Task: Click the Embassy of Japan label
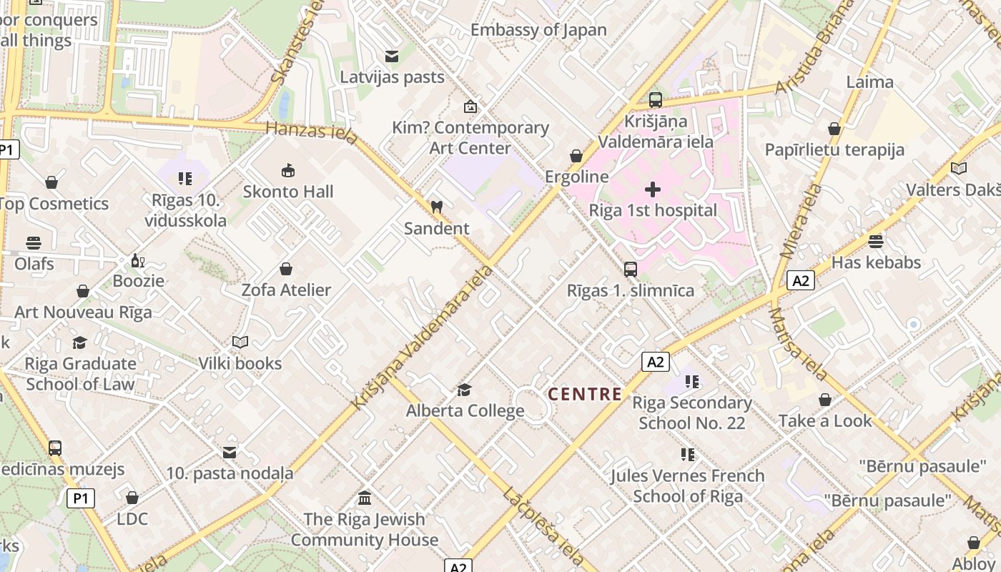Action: (538, 30)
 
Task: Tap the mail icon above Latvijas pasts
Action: (391, 56)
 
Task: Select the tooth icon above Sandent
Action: (436, 207)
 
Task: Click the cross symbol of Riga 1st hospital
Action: (652, 189)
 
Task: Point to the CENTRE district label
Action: (584, 394)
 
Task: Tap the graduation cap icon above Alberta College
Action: (465, 390)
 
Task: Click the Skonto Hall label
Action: (288, 192)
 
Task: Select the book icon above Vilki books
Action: (240, 342)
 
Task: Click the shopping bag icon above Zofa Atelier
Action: (286, 269)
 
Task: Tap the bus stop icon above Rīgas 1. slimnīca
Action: (630, 270)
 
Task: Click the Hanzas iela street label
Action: (310, 132)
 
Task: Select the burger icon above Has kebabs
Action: (876, 241)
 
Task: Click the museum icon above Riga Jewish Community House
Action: (365, 498)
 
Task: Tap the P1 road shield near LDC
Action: (81, 498)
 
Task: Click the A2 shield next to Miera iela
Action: (801, 280)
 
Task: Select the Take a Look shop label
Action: (825, 421)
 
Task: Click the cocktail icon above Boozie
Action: (137, 260)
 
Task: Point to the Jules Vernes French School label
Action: (687, 485)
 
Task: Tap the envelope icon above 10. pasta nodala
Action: (230, 453)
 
